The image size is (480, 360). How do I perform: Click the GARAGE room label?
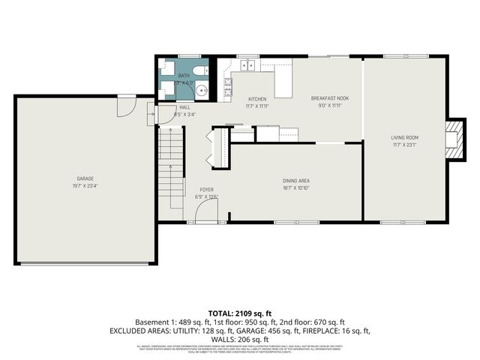coord(85,178)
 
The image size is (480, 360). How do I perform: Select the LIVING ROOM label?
coord(404,137)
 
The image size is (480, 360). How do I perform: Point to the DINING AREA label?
coord(296,181)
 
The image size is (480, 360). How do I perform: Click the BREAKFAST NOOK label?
coord(330,98)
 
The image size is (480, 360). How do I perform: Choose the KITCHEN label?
coord(257,99)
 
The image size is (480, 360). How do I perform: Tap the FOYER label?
coord(206,190)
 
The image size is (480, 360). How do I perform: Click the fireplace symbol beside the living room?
coord(452,139)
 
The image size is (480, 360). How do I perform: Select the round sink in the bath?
coord(202,91)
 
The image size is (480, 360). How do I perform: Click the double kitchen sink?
coord(247,66)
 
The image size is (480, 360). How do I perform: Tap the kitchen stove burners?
coord(226,88)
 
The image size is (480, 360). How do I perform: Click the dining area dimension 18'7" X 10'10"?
coord(296,188)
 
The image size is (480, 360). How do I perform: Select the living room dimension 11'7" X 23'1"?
coord(404,145)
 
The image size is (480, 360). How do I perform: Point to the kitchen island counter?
coord(283,81)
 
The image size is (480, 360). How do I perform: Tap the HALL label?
coord(185,107)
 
